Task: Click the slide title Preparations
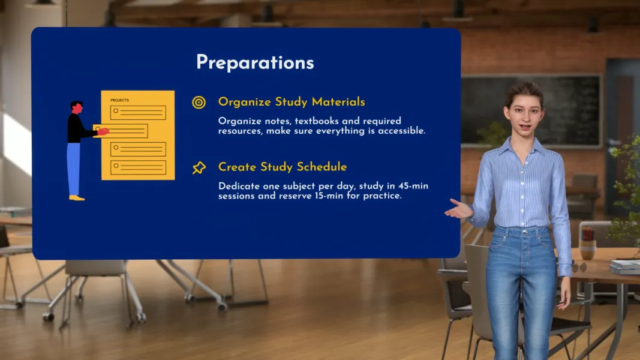pyautogui.click(x=255, y=62)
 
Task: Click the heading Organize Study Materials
pyautogui.click(x=292, y=101)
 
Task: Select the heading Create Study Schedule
pyautogui.click(x=283, y=167)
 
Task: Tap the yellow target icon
pyautogui.click(x=199, y=102)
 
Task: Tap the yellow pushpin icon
pyautogui.click(x=199, y=168)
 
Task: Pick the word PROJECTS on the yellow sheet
pyautogui.click(x=119, y=100)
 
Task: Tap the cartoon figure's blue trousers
pyautogui.click(x=73, y=168)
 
